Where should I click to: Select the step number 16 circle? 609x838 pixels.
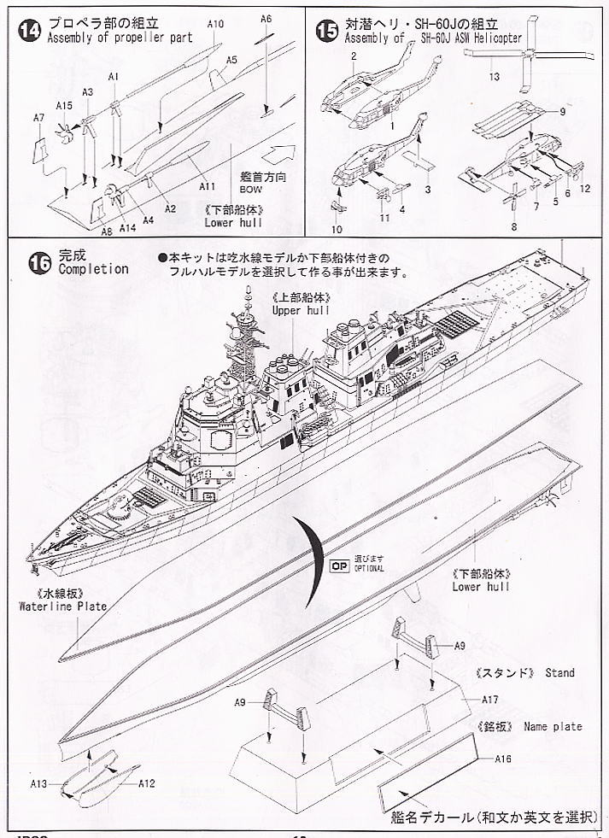(40, 262)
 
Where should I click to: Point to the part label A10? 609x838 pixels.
(216, 26)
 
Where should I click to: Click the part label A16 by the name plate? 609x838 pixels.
(502, 757)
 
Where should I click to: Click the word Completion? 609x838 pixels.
(93, 269)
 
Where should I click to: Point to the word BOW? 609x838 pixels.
(251, 190)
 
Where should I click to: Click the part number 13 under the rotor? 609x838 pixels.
(494, 77)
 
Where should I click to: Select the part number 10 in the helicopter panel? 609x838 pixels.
(335, 229)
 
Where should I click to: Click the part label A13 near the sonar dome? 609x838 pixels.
(39, 782)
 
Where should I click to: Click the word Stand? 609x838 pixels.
(560, 673)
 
